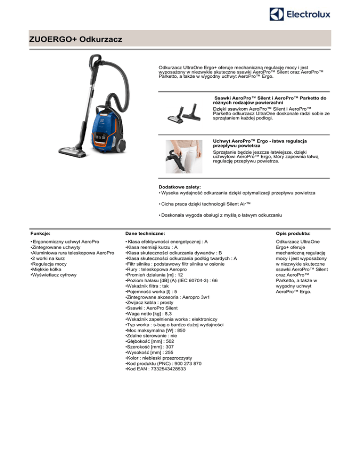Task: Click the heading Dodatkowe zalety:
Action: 180,187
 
